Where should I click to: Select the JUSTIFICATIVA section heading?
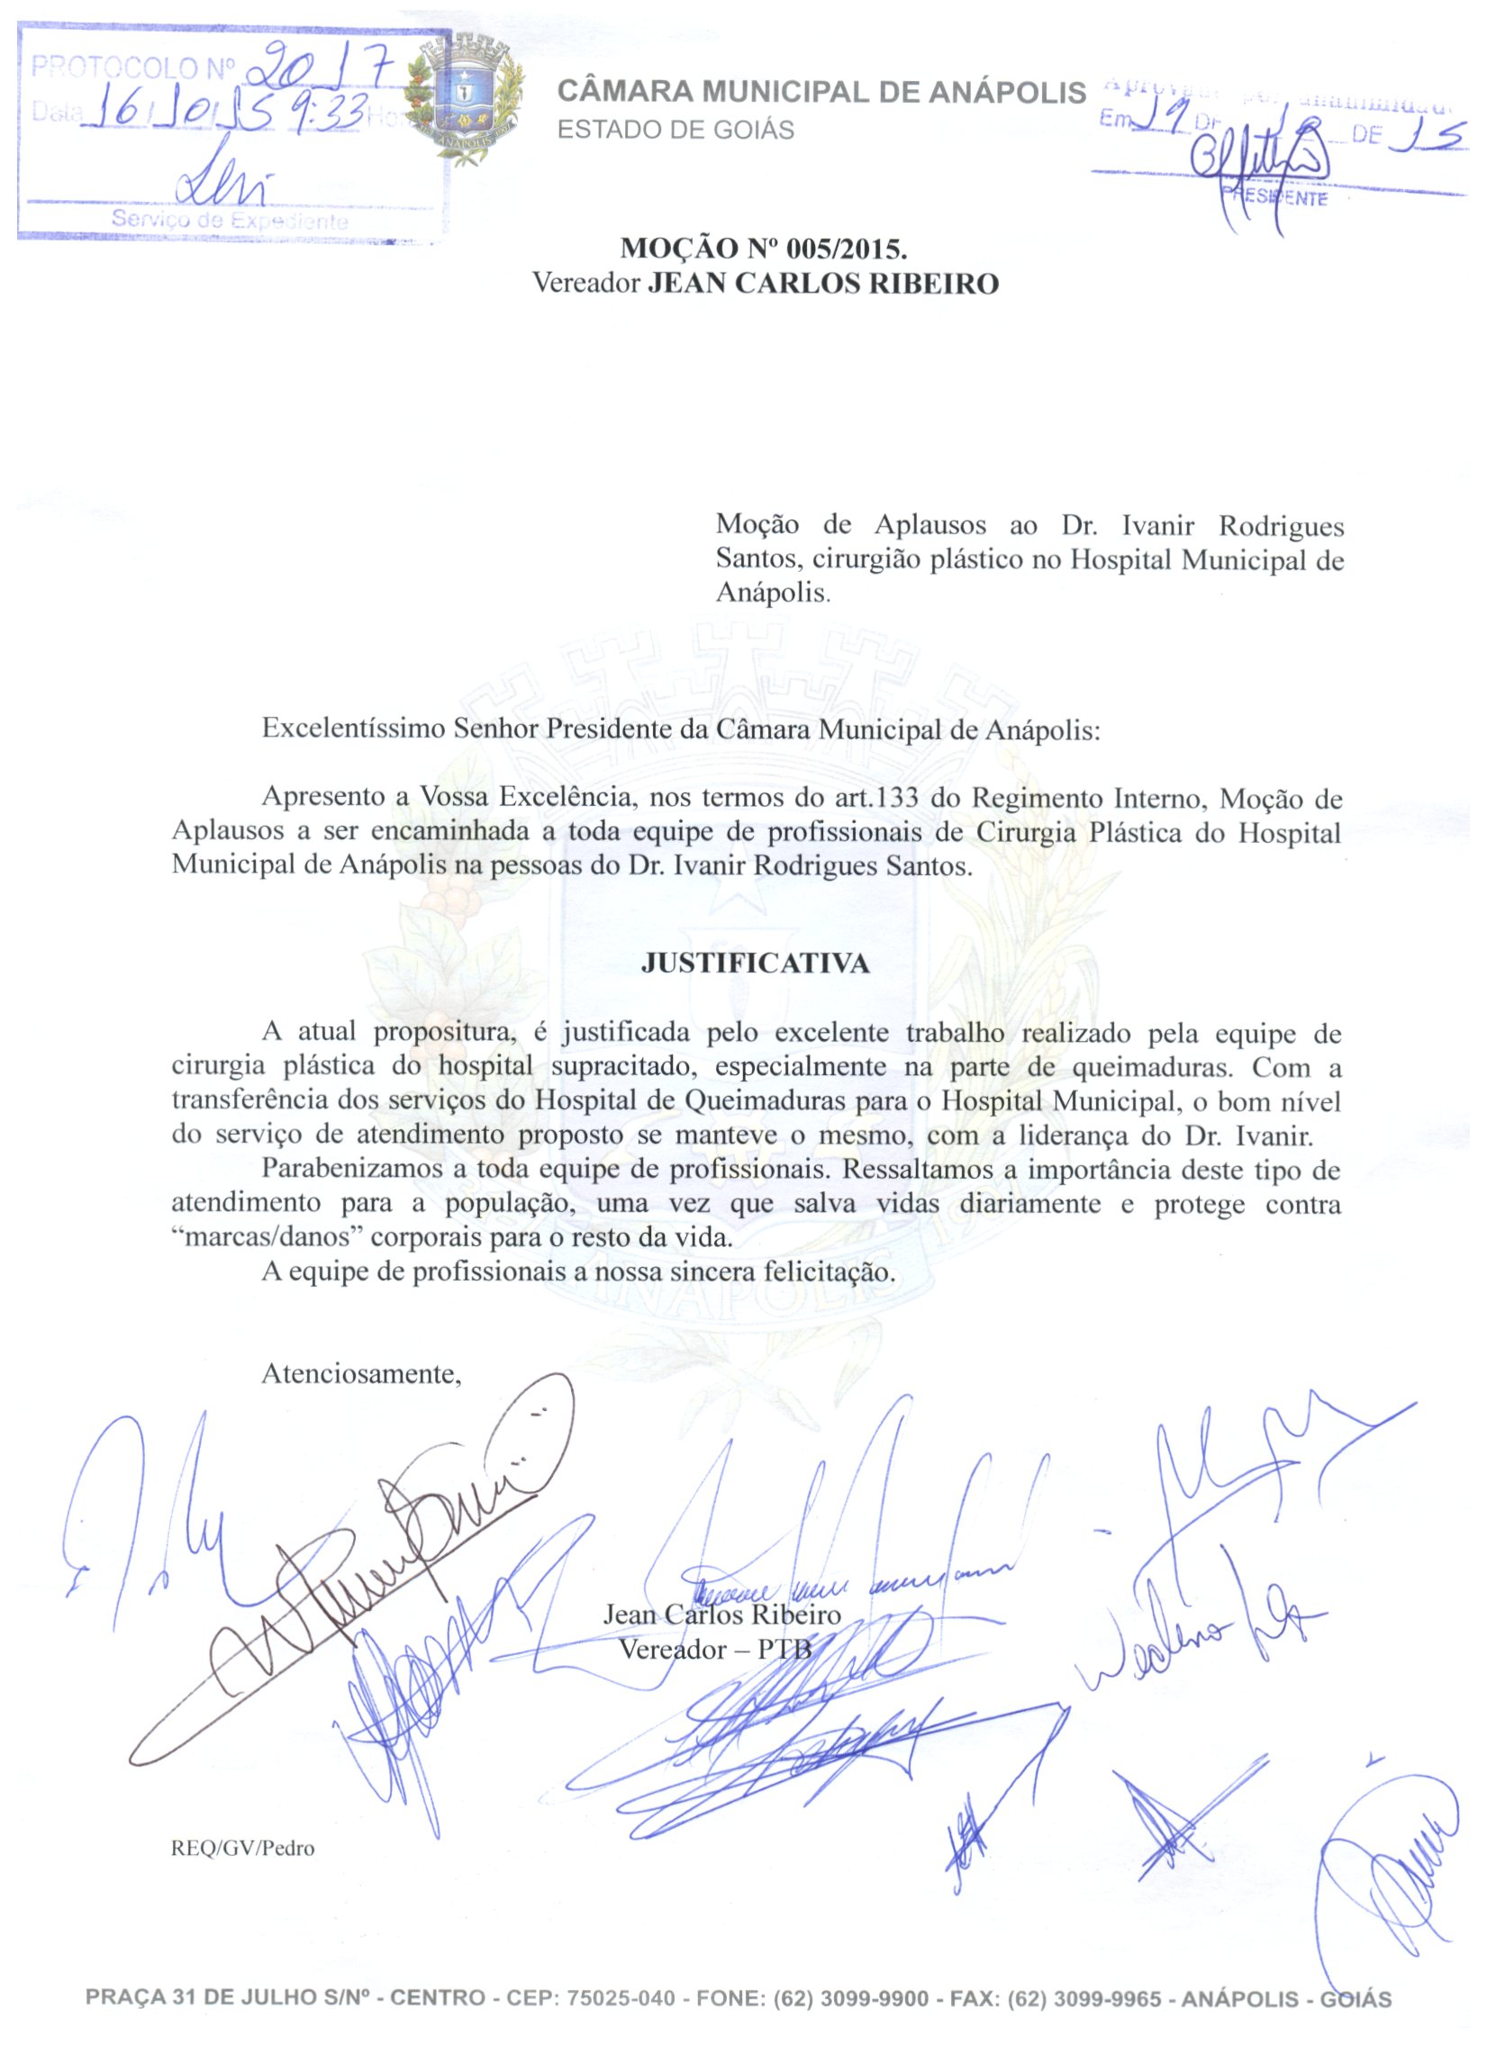pyautogui.click(x=755, y=964)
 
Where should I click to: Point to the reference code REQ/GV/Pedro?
pyautogui.click(x=242, y=1848)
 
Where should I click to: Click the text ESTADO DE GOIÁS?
pyautogui.click(x=675, y=131)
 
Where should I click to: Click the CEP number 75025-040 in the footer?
pyautogui.click(x=621, y=1998)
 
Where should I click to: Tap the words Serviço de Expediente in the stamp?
pyautogui.click(x=230, y=220)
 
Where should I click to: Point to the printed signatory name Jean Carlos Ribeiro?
pyautogui.click(x=721, y=1614)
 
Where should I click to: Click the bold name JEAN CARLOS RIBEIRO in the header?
pyautogui.click(x=824, y=284)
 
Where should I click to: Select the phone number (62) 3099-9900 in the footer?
pyautogui.click(x=851, y=1998)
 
